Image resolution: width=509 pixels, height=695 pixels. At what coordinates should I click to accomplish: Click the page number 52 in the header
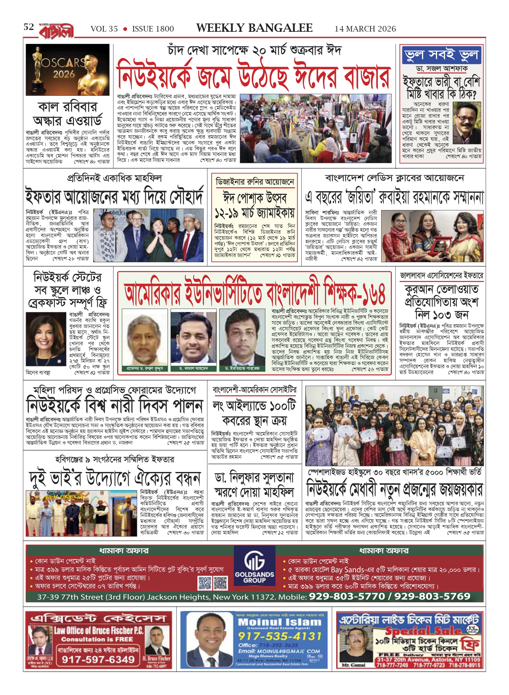pos(29,27)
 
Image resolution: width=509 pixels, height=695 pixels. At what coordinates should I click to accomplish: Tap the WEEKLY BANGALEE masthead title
pos(254,28)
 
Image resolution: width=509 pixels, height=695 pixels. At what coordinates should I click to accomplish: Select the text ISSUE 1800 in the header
pos(153,29)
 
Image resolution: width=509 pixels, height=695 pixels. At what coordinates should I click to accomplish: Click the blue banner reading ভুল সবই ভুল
pos(441,55)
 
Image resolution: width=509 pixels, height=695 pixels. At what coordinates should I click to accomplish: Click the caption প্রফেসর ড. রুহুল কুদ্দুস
pos(145,369)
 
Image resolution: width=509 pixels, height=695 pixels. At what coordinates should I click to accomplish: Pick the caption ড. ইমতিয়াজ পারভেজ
pos(242,369)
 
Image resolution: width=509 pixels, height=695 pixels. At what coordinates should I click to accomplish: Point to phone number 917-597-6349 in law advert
pos(98,659)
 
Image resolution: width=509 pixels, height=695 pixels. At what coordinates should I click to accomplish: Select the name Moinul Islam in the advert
pos(279,622)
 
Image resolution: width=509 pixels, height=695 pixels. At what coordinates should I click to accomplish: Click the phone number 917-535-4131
pos(279,636)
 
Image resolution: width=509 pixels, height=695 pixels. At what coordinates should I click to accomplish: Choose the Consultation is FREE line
pos(97,639)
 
